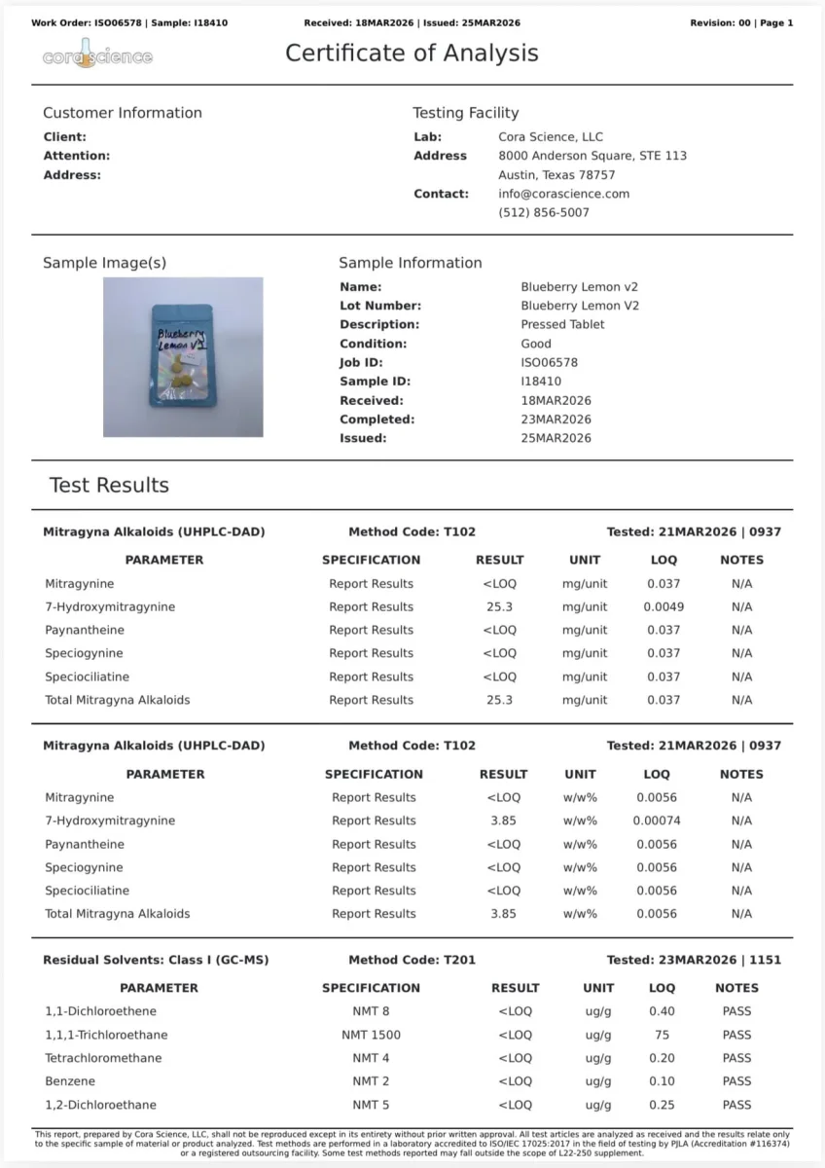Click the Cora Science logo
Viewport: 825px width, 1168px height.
(x=97, y=55)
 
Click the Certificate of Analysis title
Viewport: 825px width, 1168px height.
(x=412, y=54)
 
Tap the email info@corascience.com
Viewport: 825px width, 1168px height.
(x=563, y=194)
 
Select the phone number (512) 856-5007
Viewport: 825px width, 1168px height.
(x=543, y=212)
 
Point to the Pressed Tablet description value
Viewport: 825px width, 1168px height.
(x=562, y=324)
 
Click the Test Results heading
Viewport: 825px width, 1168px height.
(x=109, y=486)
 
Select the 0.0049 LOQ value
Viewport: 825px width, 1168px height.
(x=664, y=607)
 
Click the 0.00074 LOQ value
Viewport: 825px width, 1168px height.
(x=657, y=821)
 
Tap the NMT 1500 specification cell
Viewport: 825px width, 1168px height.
(x=371, y=1035)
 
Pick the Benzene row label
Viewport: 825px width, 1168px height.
(x=71, y=1081)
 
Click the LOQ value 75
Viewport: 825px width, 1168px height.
(x=662, y=1035)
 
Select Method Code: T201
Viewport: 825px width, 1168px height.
(x=412, y=960)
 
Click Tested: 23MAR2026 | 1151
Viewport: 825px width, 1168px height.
(x=694, y=960)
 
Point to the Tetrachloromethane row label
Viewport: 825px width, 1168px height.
(x=103, y=1058)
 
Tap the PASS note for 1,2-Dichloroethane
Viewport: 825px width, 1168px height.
(x=736, y=1105)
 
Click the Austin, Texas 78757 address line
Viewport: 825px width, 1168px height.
(x=556, y=175)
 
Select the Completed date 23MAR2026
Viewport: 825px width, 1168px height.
(x=556, y=420)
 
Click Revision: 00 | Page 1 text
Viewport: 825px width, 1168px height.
(x=741, y=22)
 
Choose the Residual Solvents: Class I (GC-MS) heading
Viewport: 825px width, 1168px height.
(x=156, y=960)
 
